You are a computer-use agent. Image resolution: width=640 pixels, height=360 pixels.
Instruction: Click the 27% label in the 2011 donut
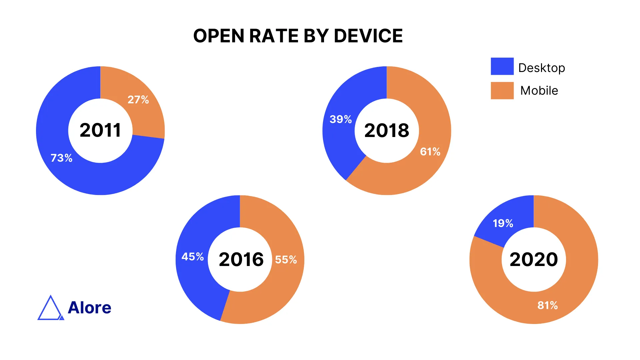(x=138, y=99)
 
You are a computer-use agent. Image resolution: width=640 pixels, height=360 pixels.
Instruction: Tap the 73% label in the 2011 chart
(x=61, y=158)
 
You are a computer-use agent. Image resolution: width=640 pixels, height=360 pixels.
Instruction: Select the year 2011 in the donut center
(x=100, y=130)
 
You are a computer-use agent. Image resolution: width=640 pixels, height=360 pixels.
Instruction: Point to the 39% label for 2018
(x=341, y=119)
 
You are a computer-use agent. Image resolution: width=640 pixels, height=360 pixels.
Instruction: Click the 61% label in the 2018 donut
(x=430, y=152)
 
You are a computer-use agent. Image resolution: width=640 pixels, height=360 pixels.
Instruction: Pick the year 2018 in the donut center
(x=387, y=130)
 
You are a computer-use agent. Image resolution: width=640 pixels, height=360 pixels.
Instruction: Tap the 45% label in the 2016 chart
(x=192, y=256)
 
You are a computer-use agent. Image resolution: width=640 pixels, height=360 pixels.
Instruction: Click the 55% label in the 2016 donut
(x=286, y=259)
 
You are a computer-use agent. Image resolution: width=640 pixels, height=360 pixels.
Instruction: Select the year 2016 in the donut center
(x=241, y=259)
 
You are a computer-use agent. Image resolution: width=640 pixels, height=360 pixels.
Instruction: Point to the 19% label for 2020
(x=503, y=223)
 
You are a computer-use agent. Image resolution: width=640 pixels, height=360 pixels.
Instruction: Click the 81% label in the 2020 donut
(x=547, y=305)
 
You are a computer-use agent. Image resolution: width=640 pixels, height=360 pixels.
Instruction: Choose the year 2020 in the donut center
(x=534, y=259)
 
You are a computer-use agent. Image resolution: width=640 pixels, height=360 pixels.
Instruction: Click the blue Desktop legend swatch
(x=502, y=66)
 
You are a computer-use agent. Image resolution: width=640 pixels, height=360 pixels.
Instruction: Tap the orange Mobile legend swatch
(x=502, y=91)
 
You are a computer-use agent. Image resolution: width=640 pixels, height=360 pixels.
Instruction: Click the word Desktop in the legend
(x=542, y=68)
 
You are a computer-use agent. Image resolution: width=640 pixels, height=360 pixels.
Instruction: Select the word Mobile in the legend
(x=539, y=91)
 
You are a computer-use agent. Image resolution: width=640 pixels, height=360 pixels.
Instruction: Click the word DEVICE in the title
(x=368, y=36)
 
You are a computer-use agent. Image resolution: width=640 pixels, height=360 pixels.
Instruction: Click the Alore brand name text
(x=89, y=307)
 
